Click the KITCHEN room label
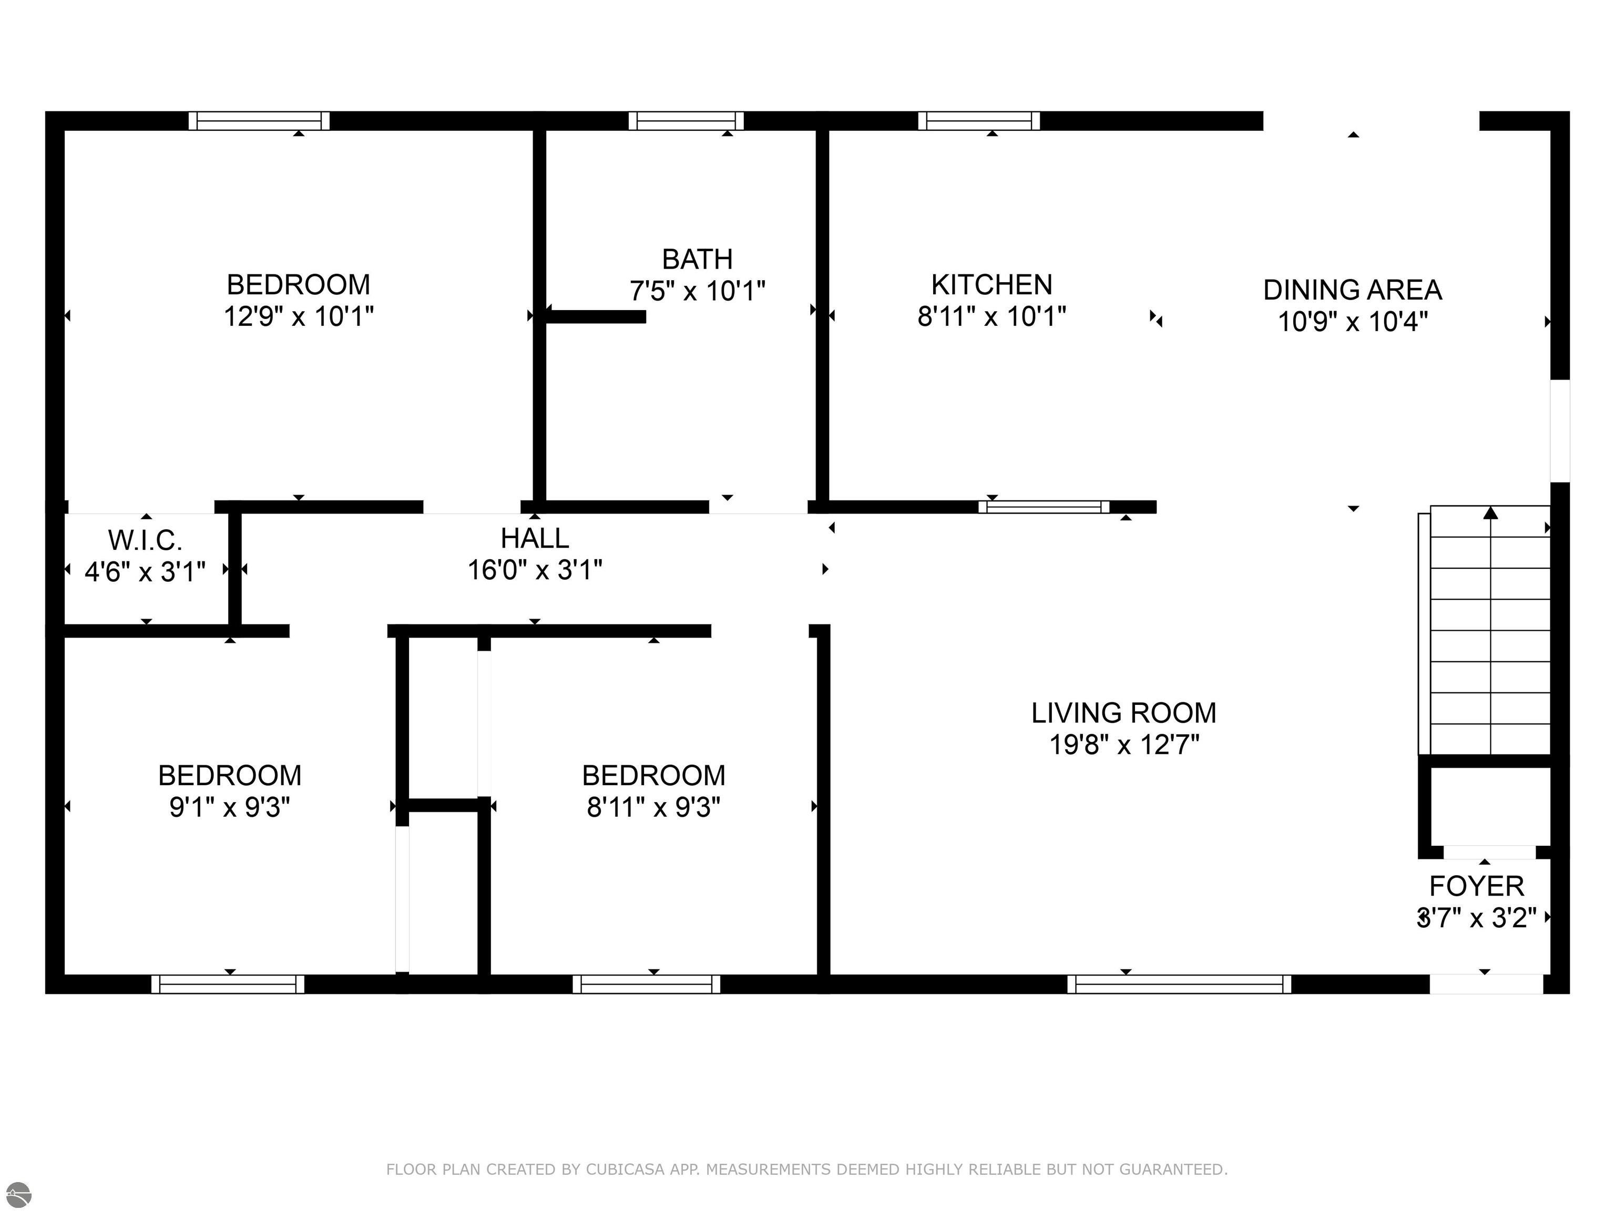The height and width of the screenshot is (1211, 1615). tap(992, 285)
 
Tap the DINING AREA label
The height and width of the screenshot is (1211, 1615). tap(1352, 290)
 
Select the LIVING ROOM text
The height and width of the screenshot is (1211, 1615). tap(1123, 712)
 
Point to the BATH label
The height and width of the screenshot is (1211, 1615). tap(697, 259)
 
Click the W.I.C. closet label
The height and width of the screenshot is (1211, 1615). tap(145, 540)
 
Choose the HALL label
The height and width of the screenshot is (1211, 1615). tap(535, 538)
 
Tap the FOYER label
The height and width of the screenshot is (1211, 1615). tap(1476, 886)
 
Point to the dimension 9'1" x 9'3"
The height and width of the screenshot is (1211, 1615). tap(230, 807)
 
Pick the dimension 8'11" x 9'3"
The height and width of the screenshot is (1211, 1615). tap(653, 807)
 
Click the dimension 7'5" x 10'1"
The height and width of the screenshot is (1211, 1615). tap(697, 291)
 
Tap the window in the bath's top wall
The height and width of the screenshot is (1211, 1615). tap(686, 120)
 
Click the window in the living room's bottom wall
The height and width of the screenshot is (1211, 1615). tap(1179, 984)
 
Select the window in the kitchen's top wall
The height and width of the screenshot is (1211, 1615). tap(979, 120)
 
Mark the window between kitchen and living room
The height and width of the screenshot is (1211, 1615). tap(1044, 507)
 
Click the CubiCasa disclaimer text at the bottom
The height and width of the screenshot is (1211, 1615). tap(807, 1169)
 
